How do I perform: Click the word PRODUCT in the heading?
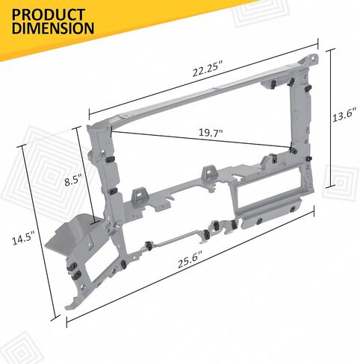tap(49, 15)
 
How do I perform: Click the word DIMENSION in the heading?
tap(53, 28)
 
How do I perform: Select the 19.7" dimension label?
tap(211, 133)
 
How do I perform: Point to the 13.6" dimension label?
tap(344, 115)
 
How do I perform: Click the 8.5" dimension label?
tap(73, 180)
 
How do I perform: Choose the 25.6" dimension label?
tap(190, 260)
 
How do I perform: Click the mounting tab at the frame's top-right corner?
tap(311, 60)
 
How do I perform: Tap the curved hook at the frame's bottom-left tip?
tap(72, 304)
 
